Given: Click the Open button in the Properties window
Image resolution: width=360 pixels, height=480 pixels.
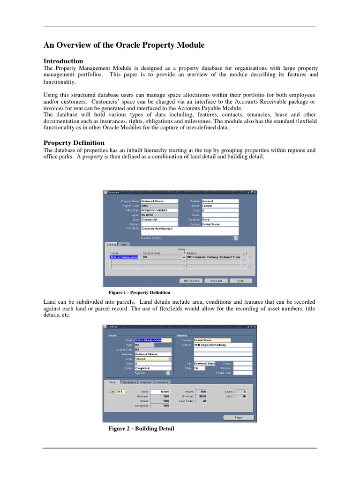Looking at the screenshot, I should (x=240, y=281).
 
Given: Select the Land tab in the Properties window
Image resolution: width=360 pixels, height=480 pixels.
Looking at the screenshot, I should (x=124, y=244).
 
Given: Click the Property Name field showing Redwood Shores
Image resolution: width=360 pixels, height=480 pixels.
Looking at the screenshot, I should (x=156, y=201).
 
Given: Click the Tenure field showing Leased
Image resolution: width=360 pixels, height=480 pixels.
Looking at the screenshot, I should (x=220, y=206).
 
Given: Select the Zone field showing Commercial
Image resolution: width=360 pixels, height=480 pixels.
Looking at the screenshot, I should (x=156, y=219).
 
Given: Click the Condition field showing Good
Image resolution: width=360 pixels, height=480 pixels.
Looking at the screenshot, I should (x=220, y=219).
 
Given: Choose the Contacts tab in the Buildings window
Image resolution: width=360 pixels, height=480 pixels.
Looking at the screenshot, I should (x=163, y=382).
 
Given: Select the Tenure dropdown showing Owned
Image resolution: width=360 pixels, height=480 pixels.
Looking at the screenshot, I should (x=153, y=359).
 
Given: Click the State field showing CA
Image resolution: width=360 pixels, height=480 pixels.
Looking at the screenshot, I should (x=199, y=368).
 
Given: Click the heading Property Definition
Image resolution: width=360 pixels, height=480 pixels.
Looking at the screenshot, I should (x=74, y=142).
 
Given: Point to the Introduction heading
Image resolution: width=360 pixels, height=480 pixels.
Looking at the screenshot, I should (x=63, y=61).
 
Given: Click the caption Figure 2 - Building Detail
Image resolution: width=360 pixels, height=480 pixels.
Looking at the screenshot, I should (x=141, y=428).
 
